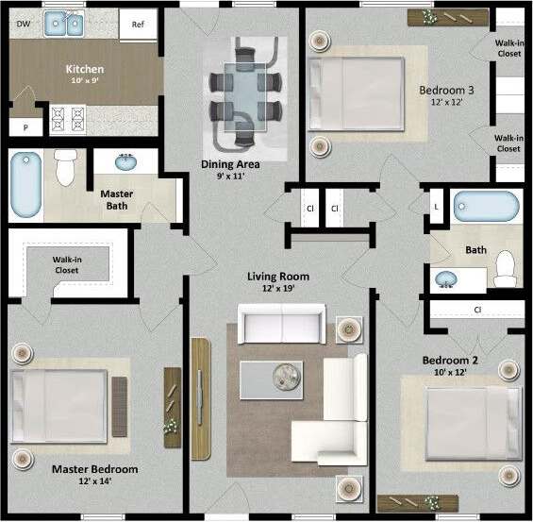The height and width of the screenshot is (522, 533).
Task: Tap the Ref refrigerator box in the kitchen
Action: click(139, 24)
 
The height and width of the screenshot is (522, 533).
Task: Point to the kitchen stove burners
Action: click(69, 118)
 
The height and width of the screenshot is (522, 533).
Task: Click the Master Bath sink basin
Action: click(125, 163)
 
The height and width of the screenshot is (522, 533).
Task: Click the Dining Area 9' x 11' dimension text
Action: click(230, 176)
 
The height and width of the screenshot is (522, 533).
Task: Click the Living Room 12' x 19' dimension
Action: click(278, 290)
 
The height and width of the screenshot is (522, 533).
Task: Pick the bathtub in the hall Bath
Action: click(486, 205)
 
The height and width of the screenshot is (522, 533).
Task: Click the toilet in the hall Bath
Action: click(506, 268)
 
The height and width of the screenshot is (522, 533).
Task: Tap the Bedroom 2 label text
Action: click(450, 361)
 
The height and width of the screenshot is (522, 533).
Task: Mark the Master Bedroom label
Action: click(94, 469)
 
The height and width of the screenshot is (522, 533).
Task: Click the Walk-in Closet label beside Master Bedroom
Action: click(66, 264)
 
